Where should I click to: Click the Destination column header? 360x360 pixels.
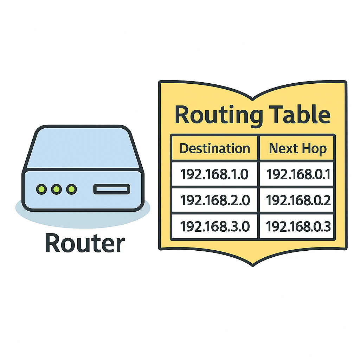coord(215,148)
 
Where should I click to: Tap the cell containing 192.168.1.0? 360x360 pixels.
coord(214,174)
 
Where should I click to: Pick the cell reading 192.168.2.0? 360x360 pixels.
coord(215,200)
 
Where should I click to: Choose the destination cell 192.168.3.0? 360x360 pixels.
coord(215,226)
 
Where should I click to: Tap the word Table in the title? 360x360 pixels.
coord(300,114)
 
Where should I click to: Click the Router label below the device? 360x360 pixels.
coord(85,243)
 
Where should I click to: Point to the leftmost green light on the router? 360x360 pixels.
coord(41,189)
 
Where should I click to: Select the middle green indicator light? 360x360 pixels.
coord(57,189)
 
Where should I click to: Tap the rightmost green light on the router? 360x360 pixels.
coord(71,189)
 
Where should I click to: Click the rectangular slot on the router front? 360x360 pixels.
coord(112,189)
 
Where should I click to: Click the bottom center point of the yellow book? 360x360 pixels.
coord(252,266)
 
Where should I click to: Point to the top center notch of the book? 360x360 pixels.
coord(252,99)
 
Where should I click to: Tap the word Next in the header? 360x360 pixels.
coord(283,148)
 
